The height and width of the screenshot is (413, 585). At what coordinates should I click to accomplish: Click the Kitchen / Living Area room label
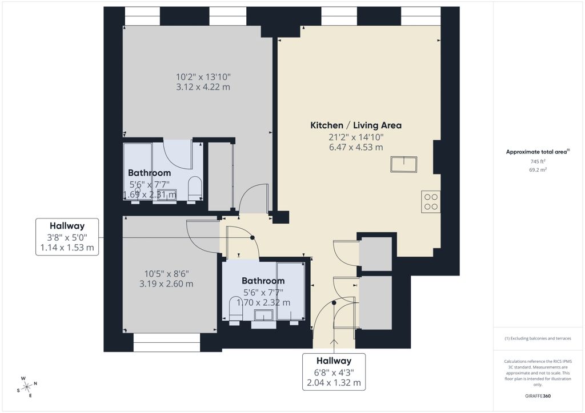pyautogui.click(x=356, y=125)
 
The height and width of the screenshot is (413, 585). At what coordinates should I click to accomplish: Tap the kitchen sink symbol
pyautogui.click(x=403, y=164)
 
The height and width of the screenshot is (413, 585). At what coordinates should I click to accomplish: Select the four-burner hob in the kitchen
pyautogui.click(x=431, y=201)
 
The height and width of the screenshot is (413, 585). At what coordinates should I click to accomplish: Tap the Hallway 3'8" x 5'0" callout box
pyautogui.click(x=67, y=237)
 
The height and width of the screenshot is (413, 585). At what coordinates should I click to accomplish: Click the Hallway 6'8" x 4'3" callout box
pyautogui.click(x=334, y=372)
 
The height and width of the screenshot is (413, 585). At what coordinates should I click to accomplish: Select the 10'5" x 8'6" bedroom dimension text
pyautogui.click(x=166, y=273)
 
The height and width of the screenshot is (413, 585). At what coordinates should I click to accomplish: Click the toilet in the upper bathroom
pyautogui.click(x=195, y=188)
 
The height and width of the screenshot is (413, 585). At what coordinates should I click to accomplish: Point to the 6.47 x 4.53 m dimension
pyautogui.click(x=355, y=147)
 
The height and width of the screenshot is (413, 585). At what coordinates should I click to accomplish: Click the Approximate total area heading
pyautogui.click(x=538, y=152)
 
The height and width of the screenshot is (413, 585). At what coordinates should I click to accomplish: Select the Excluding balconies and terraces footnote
pyautogui.click(x=538, y=338)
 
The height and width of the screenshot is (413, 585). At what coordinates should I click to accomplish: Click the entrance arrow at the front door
pyautogui.click(x=334, y=342)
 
